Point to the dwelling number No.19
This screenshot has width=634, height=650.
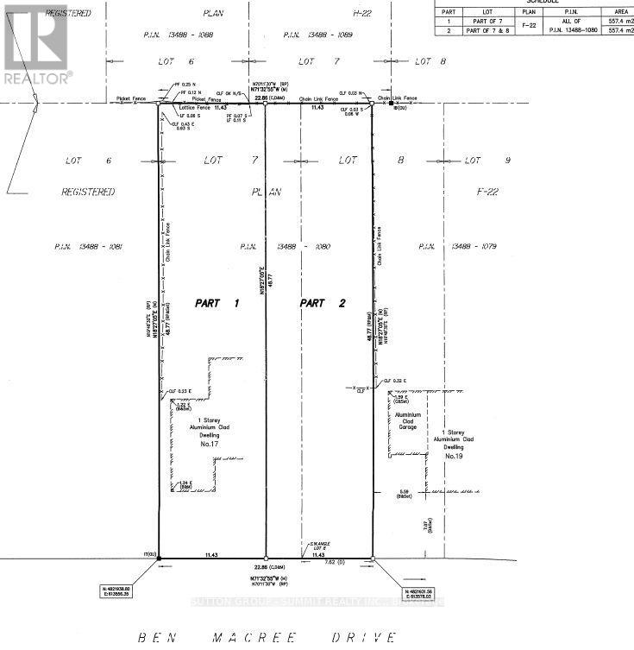coord(455,454)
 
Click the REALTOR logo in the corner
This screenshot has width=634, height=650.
coord(37,43)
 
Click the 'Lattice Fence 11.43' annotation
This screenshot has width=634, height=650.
coord(205,109)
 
